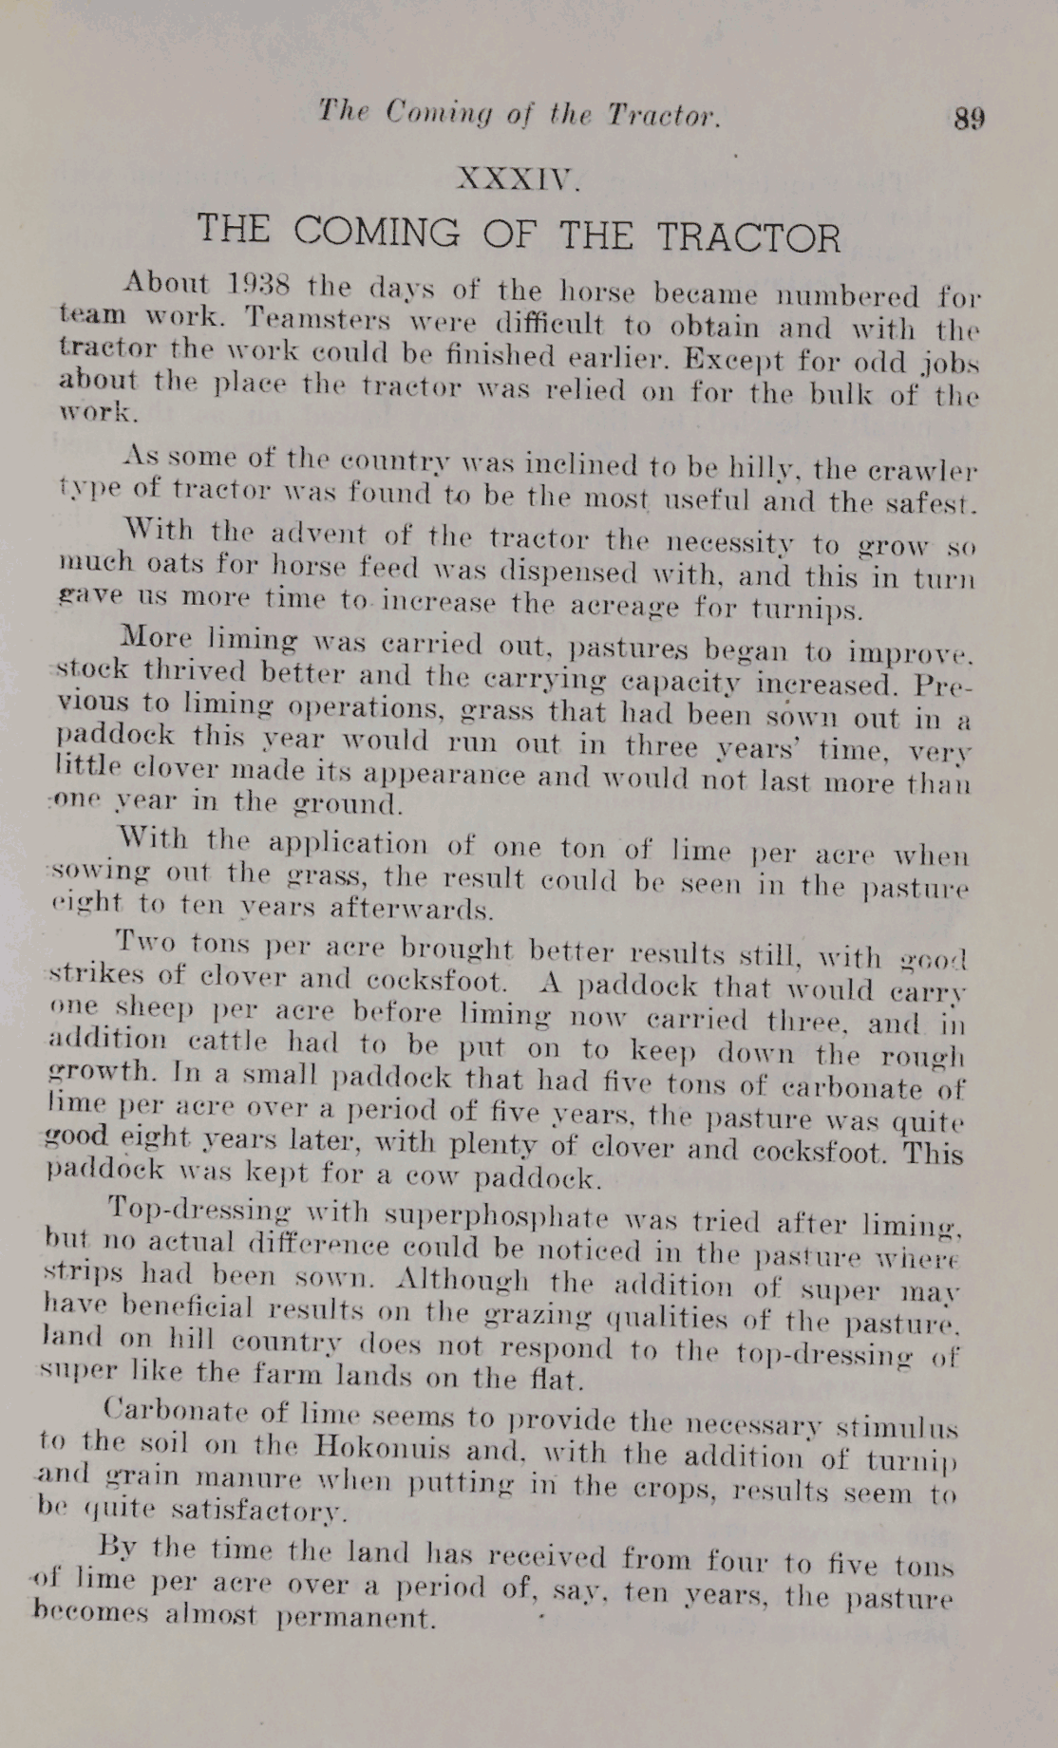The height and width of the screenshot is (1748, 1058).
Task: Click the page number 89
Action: [x=969, y=119]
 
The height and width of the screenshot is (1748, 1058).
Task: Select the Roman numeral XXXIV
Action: [x=518, y=178]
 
